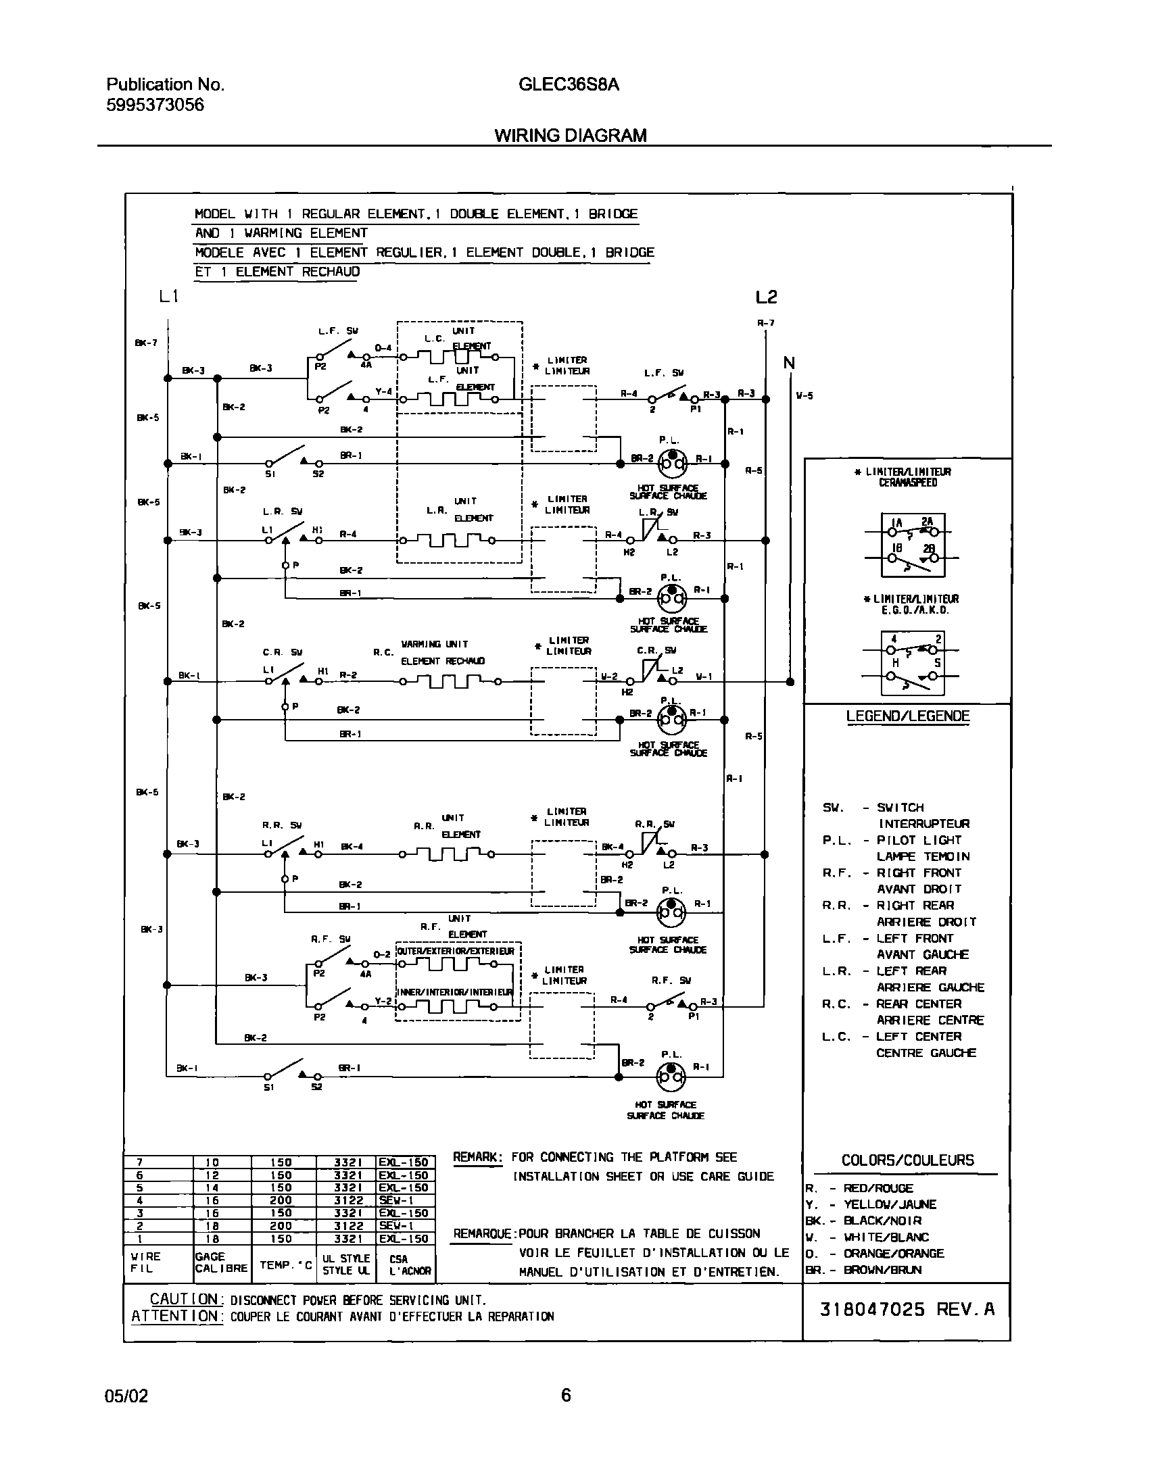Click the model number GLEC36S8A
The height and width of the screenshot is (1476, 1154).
(x=569, y=84)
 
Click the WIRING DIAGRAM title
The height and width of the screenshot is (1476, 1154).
(x=570, y=135)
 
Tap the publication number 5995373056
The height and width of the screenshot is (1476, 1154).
(x=155, y=105)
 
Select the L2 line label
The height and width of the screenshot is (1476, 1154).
(x=766, y=297)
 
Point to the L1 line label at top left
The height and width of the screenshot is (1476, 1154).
(x=169, y=296)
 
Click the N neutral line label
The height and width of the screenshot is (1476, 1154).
(x=789, y=363)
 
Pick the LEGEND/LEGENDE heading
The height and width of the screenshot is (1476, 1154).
(x=907, y=716)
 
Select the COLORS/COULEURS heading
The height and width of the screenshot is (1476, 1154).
(x=907, y=1160)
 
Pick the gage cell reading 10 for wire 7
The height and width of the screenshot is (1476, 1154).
(x=212, y=1162)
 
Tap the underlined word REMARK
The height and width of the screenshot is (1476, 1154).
(x=477, y=1158)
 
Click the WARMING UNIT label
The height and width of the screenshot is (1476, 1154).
(x=434, y=644)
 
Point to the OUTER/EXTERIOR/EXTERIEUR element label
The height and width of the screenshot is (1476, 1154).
(x=455, y=951)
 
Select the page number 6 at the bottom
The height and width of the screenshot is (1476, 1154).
(x=566, y=1395)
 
